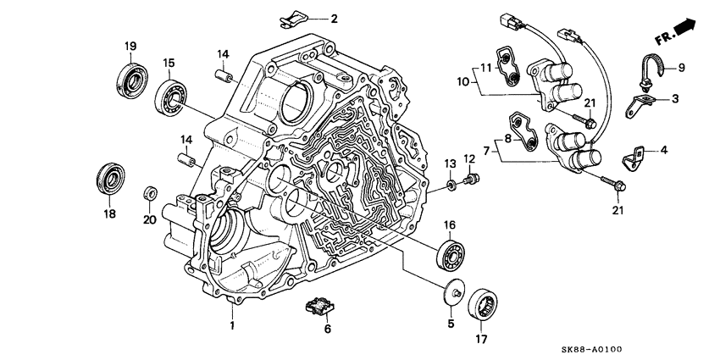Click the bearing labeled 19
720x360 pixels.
pyautogui.click(x=132, y=77)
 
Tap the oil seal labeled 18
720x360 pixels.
pyautogui.click(x=111, y=178)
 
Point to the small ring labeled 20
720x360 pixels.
pyautogui.click(x=149, y=191)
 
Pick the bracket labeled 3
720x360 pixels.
pyautogui.click(x=641, y=106)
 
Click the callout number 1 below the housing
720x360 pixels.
pyautogui.click(x=230, y=326)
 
